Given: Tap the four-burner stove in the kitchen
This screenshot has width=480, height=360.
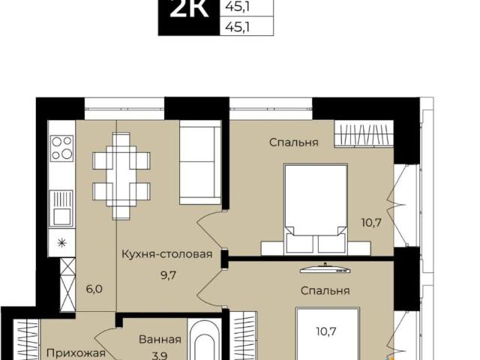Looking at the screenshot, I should pyautogui.click(x=61, y=148).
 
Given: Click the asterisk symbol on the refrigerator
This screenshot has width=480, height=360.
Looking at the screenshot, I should pyautogui.click(x=61, y=241).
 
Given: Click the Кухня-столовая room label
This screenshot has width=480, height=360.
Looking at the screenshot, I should pyautogui.click(x=167, y=254).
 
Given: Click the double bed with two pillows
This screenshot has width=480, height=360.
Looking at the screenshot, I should pyautogui.click(x=315, y=209).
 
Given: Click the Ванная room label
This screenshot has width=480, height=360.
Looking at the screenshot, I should pyautogui.click(x=160, y=339).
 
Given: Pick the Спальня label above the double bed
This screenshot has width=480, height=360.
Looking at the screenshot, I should pyautogui.click(x=293, y=142).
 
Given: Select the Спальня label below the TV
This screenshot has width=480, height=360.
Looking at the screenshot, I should pyautogui.click(x=325, y=289).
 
